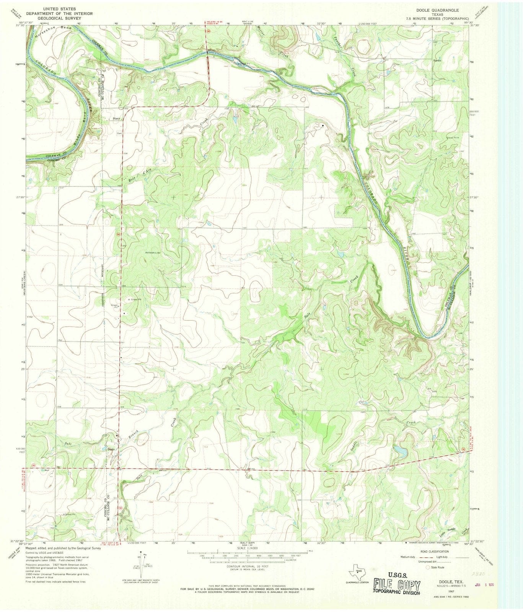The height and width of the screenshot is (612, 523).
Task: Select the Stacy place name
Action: [116, 119]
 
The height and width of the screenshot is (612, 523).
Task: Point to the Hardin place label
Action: [437, 60]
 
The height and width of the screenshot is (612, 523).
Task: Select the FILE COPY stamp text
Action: [398, 586]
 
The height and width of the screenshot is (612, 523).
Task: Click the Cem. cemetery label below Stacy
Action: [119, 133]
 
